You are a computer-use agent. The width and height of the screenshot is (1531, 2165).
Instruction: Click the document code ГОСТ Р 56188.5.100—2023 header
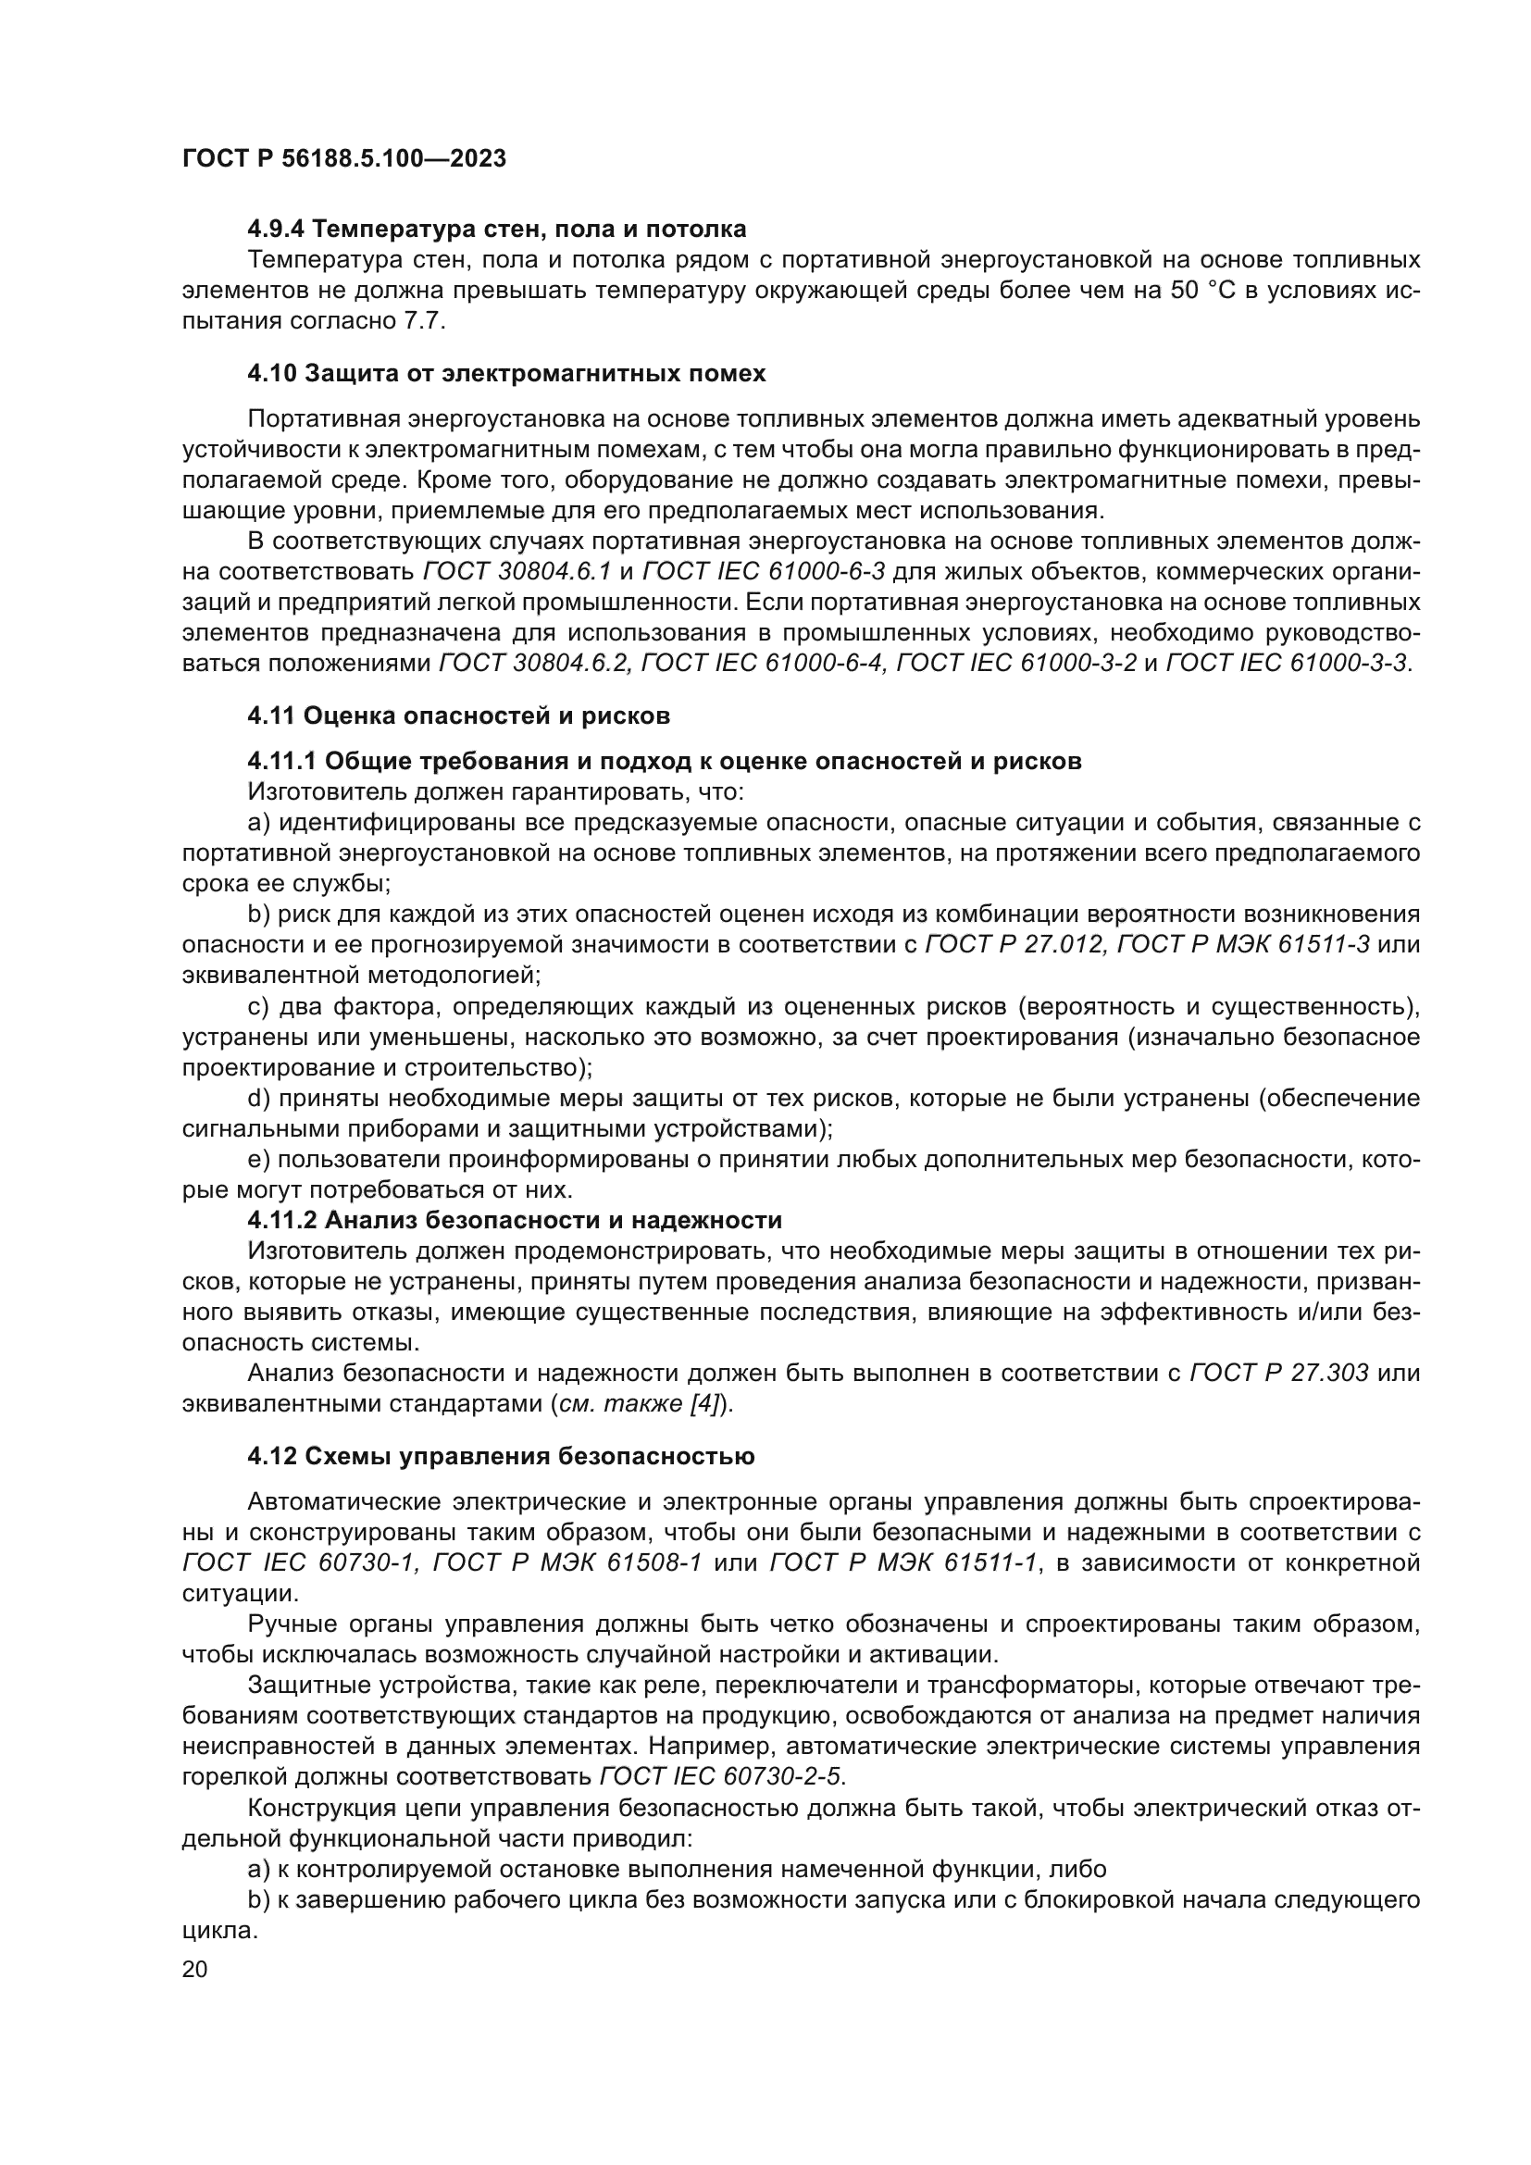[344, 158]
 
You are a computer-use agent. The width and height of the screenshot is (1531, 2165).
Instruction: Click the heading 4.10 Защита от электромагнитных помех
[506, 373]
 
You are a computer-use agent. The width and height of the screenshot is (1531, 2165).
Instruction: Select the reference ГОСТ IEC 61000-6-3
[764, 571]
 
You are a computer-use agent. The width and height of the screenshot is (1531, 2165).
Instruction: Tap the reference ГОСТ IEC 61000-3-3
[1288, 663]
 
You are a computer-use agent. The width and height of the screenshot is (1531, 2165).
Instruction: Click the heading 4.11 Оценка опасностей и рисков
[458, 715]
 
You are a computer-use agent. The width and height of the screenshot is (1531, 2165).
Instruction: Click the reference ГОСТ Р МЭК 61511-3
[1243, 944]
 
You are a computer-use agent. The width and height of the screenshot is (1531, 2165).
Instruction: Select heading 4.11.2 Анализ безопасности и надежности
[515, 1220]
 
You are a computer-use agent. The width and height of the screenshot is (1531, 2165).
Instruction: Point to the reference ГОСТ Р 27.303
[1279, 1373]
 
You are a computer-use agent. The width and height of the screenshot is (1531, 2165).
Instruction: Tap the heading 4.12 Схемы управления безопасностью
[501, 1457]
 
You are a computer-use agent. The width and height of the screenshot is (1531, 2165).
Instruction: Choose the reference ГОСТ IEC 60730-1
[299, 1563]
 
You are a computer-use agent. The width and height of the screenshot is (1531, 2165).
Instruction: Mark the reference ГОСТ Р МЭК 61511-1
[903, 1563]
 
